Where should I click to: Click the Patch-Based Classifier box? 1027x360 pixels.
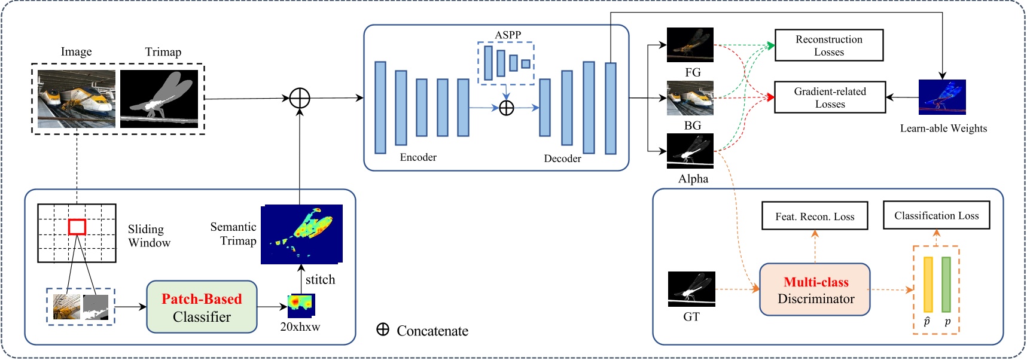pos(202,307)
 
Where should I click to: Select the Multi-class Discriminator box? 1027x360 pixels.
pos(815,290)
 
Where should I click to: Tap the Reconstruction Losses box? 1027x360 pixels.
pos(828,45)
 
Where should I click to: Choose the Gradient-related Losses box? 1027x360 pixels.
pos(830,97)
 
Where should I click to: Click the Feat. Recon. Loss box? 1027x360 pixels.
pos(814,216)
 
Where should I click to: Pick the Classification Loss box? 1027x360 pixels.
pos(936,215)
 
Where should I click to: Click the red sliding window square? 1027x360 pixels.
pos(77,227)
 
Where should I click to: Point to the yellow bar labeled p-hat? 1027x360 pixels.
pos(928,285)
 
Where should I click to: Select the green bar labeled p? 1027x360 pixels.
pos(946,285)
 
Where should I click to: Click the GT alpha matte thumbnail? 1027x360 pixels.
pos(691,289)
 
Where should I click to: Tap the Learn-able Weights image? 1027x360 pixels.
pos(942,97)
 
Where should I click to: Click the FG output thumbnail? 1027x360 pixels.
pos(690,45)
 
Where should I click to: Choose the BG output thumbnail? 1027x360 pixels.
pos(690,98)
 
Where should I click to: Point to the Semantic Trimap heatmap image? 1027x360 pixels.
pos(301,234)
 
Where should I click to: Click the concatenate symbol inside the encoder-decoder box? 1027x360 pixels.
pos(506,108)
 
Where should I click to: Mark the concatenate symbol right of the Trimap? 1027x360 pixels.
pos(299,98)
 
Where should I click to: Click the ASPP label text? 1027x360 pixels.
pos(508,35)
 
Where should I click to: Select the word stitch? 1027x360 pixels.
pos(320,279)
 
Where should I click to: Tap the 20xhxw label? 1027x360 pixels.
pos(300,327)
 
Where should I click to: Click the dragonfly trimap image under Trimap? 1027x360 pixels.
pos(159,99)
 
